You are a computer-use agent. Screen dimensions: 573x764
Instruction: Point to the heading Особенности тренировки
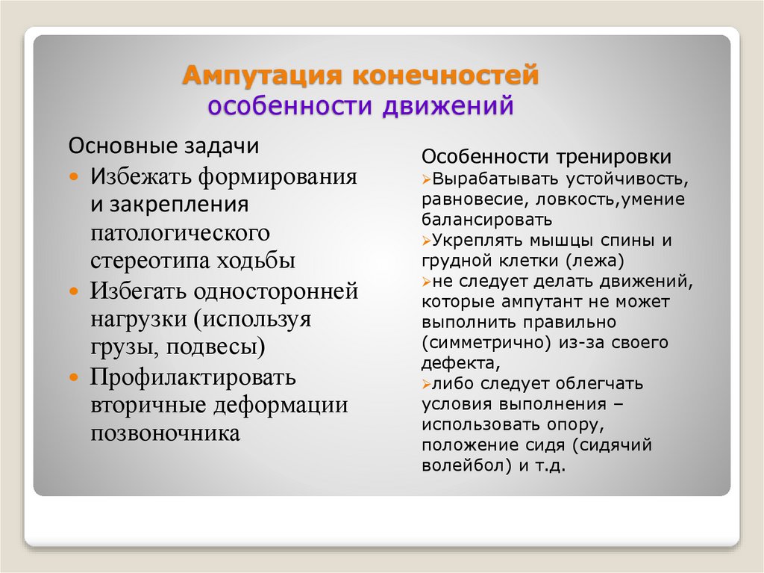[547, 158]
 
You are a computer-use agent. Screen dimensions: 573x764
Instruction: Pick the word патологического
[180, 233]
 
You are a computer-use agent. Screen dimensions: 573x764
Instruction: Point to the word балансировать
[486, 220]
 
